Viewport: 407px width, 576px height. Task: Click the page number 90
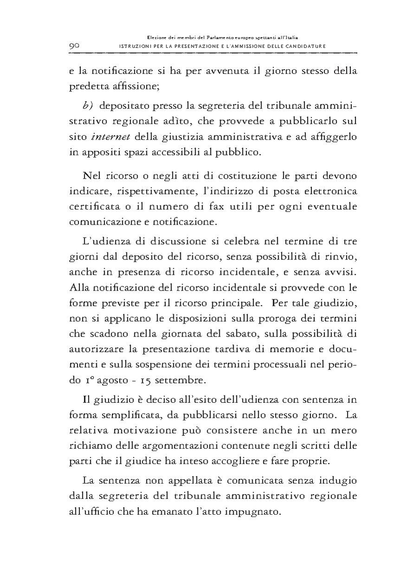[x=75, y=46]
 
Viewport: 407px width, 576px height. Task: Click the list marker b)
[x=88, y=106]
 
